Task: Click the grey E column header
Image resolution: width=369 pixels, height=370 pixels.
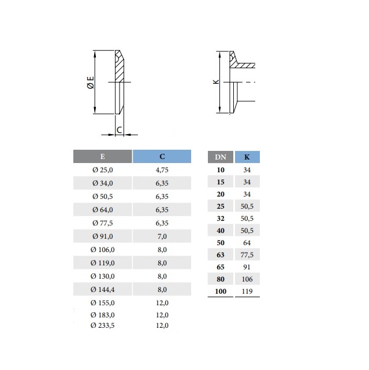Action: coord(103,157)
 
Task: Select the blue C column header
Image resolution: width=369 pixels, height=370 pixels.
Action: coord(162,157)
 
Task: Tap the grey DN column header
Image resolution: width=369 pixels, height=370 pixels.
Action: coord(221,157)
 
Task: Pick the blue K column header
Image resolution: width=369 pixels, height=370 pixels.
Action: coord(247,157)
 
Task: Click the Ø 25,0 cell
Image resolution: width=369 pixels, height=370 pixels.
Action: coord(103,170)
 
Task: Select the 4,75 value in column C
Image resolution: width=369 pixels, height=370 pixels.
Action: coord(162,170)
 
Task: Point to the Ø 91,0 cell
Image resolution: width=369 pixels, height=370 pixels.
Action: coord(103,236)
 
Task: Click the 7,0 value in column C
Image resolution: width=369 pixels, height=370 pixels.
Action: coord(162,236)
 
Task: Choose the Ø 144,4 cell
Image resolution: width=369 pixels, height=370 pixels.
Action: coord(103,289)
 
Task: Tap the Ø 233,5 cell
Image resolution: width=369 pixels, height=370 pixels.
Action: coord(103,325)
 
